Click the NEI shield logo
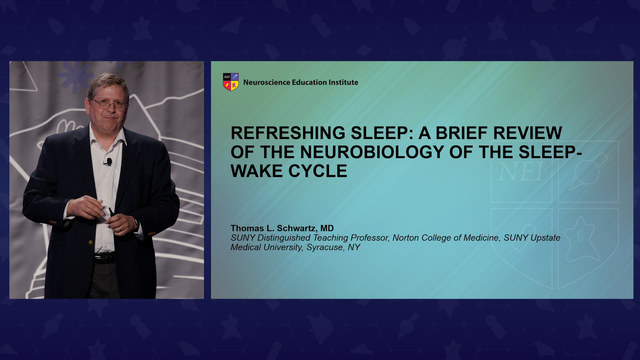[x=231, y=82]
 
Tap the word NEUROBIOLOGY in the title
[x=372, y=152]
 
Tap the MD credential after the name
[x=327, y=228]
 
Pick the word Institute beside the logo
[x=343, y=82]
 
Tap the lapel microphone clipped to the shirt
[x=109, y=162]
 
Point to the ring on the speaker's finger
[x=120, y=229]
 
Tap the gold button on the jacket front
[x=90, y=243]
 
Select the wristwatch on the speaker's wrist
[x=136, y=222]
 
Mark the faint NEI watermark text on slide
[x=521, y=172]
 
